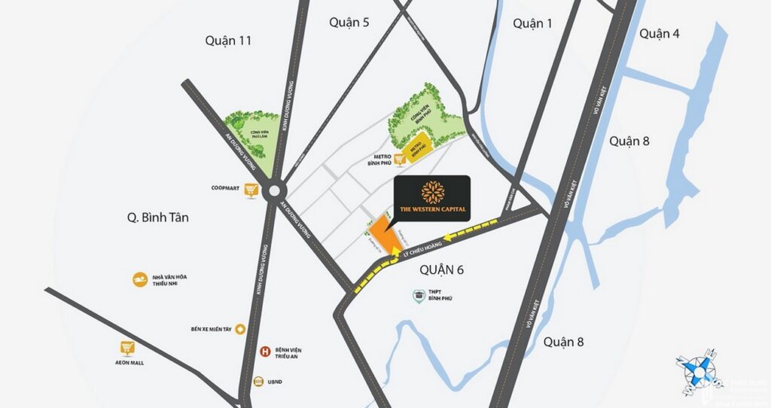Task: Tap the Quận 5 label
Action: (x=349, y=23)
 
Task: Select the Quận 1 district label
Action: (x=532, y=23)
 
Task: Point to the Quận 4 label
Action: (x=660, y=33)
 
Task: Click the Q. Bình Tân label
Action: (x=157, y=218)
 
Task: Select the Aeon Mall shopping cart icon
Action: (x=127, y=348)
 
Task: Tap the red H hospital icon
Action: (x=264, y=352)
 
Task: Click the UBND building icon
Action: (x=260, y=381)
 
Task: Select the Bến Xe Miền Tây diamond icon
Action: (x=240, y=329)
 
